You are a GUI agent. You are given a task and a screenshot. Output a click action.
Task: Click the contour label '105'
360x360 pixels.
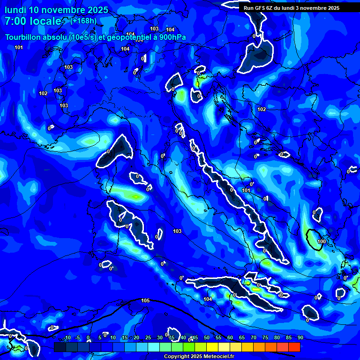(x=145, y=300)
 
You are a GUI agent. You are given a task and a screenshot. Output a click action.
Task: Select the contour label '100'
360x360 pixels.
(x=321, y=241)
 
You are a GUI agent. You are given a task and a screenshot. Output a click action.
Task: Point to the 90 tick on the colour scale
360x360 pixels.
(x=300, y=338)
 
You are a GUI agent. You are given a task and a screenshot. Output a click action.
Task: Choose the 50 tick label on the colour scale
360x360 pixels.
(x=207, y=338)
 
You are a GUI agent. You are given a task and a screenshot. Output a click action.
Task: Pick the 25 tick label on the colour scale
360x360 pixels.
(x=148, y=338)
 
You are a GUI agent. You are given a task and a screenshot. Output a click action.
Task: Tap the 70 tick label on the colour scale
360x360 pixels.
(x=254, y=338)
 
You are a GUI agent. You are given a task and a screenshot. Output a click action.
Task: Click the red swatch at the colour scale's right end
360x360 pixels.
(x=294, y=347)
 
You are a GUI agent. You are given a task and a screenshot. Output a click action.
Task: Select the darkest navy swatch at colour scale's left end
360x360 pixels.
(x=60, y=347)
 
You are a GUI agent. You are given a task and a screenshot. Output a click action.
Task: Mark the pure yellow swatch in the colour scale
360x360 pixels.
(x=212, y=347)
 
